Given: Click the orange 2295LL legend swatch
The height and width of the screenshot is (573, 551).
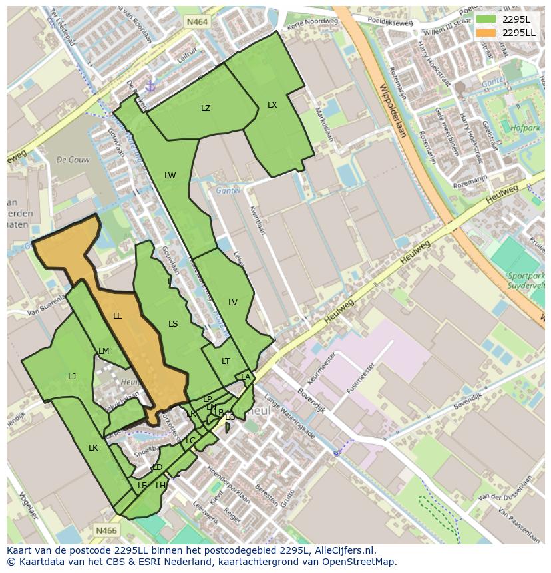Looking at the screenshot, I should click(486, 33).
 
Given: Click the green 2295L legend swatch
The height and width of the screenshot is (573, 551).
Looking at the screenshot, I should click(486, 19).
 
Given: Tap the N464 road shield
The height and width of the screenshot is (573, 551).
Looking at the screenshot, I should click(197, 22).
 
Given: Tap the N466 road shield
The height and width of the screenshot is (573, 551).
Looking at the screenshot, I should click(106, 530).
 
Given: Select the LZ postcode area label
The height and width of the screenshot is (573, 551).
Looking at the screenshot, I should click(206, 108).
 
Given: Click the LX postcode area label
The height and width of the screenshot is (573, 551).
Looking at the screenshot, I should click(272, 105).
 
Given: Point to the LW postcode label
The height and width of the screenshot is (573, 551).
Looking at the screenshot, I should click(170, 176).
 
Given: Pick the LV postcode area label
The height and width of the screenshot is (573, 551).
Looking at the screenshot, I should click(233, 303).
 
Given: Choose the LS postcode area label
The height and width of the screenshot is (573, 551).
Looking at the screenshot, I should click(173, 324).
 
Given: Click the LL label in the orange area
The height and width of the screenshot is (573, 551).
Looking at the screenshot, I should click(117, 316).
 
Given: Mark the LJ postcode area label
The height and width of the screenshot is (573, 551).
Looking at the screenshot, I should click(72, 377).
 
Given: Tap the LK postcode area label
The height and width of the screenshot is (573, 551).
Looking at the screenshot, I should click(93, 448).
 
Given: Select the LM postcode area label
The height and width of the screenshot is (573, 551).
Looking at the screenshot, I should click(104, 351).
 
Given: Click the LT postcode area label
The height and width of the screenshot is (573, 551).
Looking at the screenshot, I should click(226, 361).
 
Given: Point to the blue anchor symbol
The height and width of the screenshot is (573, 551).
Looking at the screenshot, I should click(150, 86).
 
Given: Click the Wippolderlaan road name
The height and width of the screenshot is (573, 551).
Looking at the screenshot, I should click(393, 110).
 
